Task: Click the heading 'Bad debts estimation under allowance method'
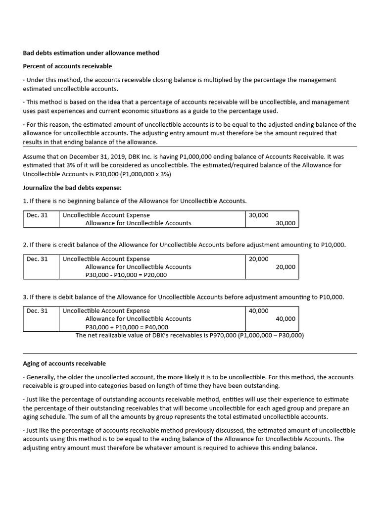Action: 91,53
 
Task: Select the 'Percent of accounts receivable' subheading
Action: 67,66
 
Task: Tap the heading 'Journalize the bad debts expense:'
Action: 72,188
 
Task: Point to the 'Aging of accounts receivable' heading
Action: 64,364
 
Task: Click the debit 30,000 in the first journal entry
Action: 259,215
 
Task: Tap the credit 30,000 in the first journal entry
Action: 285,223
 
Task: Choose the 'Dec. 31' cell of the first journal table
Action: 37,215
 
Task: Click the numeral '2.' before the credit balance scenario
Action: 26,245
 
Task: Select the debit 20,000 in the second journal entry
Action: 259,259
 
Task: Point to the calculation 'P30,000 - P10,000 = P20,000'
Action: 126,275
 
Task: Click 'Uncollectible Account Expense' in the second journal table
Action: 106,259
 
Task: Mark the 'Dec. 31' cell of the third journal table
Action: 37,311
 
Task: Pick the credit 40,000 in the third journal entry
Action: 285,319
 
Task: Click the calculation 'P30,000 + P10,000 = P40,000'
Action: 127,327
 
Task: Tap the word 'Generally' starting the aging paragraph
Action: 43,377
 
